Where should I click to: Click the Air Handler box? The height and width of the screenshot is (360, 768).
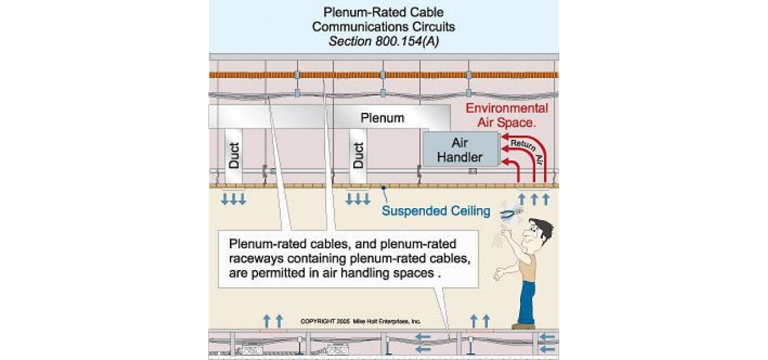pyautogui.click(x=460, y=149)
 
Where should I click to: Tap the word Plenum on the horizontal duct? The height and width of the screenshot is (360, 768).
pyautogui.click(x=382, y=118)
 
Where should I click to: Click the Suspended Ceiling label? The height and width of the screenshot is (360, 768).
pyautogui.click(x=436, y=211)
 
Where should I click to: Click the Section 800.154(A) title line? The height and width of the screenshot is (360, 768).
pyautogui.click(x=383, y=41)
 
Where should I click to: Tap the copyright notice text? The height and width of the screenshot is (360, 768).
pyautogui.click(x=360, y=322)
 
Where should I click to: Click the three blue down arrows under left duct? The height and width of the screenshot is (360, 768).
pyautogui.click(x=233, y=199)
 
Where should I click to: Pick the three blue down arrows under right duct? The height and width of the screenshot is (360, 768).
pyautogui.click(x=358, y=199)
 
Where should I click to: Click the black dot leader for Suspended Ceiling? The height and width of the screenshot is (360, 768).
pyautogui.click(x=384, y=187)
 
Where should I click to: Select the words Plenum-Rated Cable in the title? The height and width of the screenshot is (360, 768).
pyautogui.click(x=383, y=13)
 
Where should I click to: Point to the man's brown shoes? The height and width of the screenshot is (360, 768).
pyautogui.click(x=523, y=326)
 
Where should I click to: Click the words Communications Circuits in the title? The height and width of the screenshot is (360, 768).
pyautogui.click(x=383, y=27)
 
